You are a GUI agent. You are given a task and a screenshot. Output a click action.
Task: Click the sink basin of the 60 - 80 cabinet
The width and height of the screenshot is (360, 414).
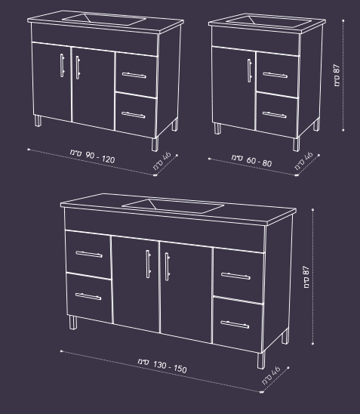pos(268,22)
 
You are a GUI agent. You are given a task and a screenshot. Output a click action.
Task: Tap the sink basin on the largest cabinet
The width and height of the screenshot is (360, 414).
pos(173,205)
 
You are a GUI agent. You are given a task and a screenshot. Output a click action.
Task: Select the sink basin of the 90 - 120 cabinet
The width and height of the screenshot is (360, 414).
pos(103,20)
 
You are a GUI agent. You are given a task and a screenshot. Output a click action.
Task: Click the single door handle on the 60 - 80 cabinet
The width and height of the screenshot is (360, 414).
pos(250,70)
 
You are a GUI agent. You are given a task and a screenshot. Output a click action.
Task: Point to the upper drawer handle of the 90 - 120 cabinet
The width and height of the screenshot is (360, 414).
pos(134,76)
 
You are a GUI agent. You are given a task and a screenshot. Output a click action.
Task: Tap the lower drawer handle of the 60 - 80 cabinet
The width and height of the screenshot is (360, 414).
pos(275,115)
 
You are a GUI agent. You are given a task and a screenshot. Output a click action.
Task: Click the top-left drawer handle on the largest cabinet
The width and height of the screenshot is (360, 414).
pos(89,254)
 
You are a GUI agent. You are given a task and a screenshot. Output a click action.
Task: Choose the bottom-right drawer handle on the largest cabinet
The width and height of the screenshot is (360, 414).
pos(235,325)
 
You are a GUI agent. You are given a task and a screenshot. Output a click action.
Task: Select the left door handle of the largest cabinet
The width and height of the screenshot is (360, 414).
pos(149,264)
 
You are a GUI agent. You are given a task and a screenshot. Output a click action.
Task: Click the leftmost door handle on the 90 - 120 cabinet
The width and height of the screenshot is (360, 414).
pos(62,66)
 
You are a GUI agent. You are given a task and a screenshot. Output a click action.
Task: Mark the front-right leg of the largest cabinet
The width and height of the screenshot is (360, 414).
pos(261,360)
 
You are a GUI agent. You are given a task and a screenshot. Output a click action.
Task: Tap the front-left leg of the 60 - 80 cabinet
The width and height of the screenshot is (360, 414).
pos(217,128)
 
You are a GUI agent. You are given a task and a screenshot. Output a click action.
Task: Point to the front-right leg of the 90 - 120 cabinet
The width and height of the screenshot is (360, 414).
pos(155,144)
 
